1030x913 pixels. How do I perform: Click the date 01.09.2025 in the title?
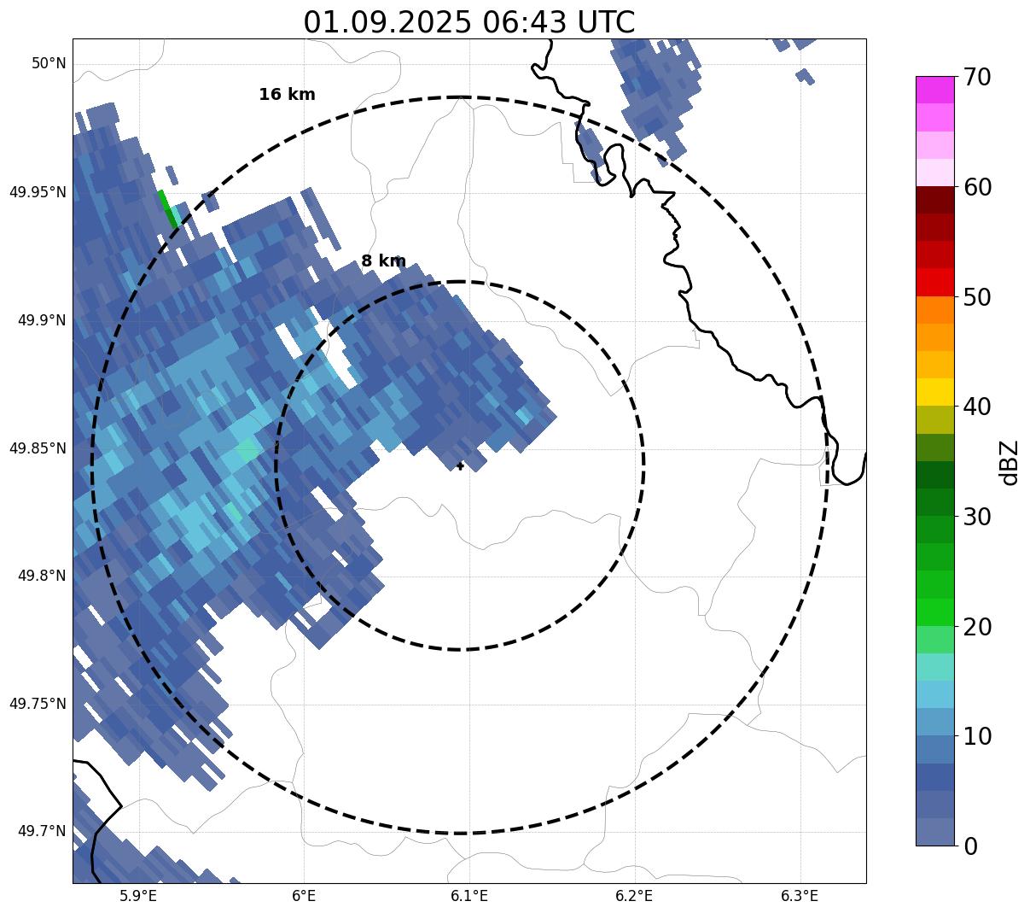(x=387, y=22)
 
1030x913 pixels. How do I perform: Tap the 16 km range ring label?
(x=287, y=95)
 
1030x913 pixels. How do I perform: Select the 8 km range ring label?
(x=383, y=261)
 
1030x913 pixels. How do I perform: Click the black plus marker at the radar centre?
(x=460, y=466)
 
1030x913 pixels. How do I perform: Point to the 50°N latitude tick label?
(x=49, y=63)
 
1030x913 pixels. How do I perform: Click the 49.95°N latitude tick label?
(x=38, y=192)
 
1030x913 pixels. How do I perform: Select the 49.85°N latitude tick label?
(x=38, y=448)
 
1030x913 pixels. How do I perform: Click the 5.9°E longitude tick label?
(x=138, y=896)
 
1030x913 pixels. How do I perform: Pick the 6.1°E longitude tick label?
(x=469, y=896)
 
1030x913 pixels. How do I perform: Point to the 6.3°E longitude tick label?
(x=800, y=896)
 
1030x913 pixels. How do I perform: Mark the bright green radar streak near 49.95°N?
(x=168, y=209)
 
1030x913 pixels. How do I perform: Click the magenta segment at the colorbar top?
(x=935, y=90)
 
